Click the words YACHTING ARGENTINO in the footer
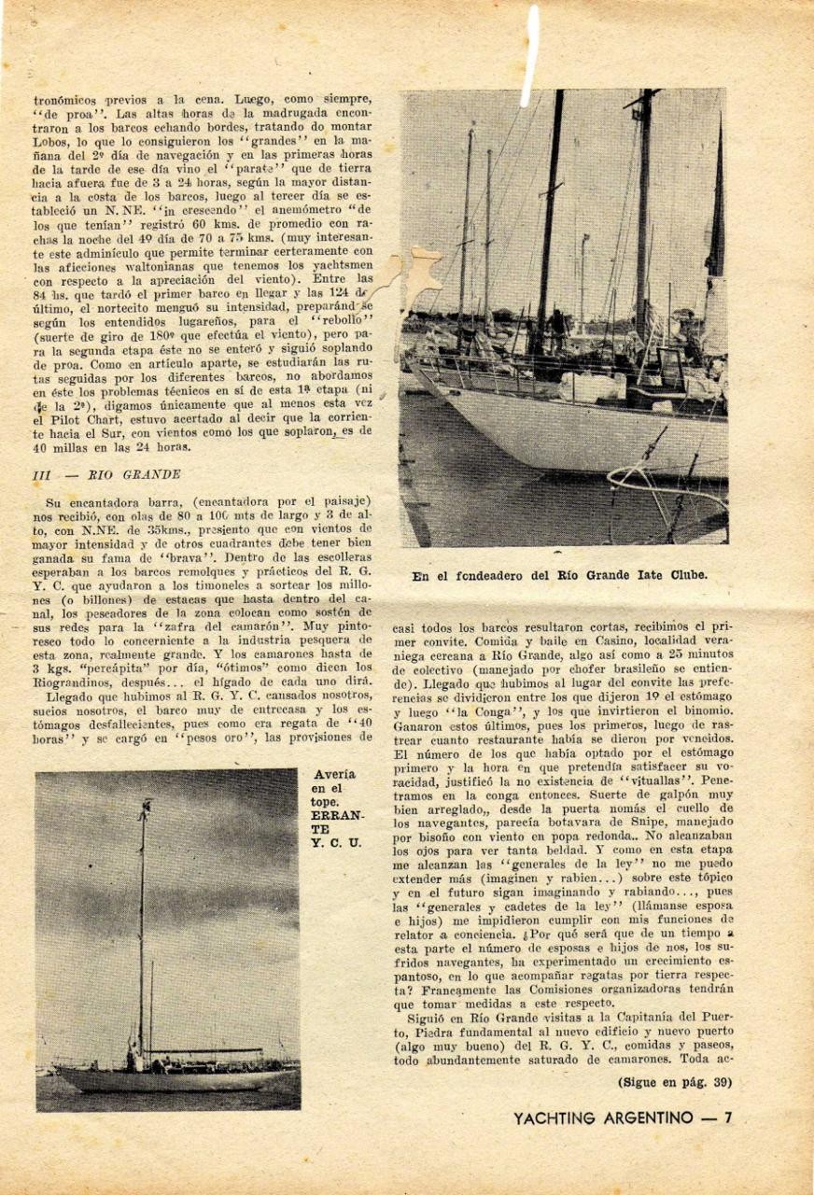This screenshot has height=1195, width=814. click(x=603, y=1118)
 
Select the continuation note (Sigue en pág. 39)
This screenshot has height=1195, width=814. click(x=674, y=1082)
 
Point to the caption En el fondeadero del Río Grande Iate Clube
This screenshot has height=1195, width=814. click(x=559, y=575)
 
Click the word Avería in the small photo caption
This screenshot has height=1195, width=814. click(x=333, y=774)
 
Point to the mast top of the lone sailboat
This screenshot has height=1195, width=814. click(x=145, y=805)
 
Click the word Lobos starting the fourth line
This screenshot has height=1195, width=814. click(x=50, y=142)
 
